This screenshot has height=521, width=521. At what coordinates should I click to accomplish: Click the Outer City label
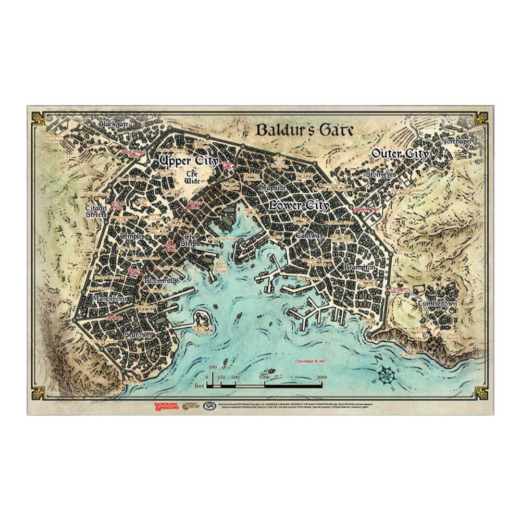click(400, 154)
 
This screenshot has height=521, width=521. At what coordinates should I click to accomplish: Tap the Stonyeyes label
click(381, 175)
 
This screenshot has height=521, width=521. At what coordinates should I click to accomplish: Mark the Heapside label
click(271, 186)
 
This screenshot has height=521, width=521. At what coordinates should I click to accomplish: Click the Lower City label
click(299, 206)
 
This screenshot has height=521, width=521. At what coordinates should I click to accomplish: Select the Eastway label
click(309, 235)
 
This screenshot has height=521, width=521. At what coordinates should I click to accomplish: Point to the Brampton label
click(359, 267)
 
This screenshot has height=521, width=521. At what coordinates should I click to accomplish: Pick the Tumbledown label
click(437, 304)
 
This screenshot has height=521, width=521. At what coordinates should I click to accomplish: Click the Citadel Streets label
click(96, 212)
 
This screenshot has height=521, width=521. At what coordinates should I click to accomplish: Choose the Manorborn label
click(107, 300)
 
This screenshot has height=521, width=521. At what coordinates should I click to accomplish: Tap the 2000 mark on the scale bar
click(321, 377)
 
